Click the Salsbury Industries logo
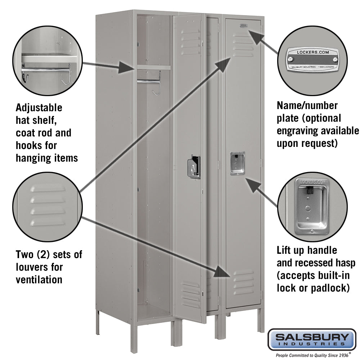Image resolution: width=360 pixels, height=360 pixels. [x=312, y=339]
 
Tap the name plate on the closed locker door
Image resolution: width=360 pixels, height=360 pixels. [x=243, y=25]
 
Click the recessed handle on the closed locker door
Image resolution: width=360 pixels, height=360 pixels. [x=237, y=163]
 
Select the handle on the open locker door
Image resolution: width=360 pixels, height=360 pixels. [x=194, y=167]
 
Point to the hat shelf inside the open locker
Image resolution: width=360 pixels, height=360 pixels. [x=153, y=67]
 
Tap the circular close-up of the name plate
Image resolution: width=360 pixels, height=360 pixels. [x=312, y=60]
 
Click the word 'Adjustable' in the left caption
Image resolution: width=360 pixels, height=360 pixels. [x=39, y=108]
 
